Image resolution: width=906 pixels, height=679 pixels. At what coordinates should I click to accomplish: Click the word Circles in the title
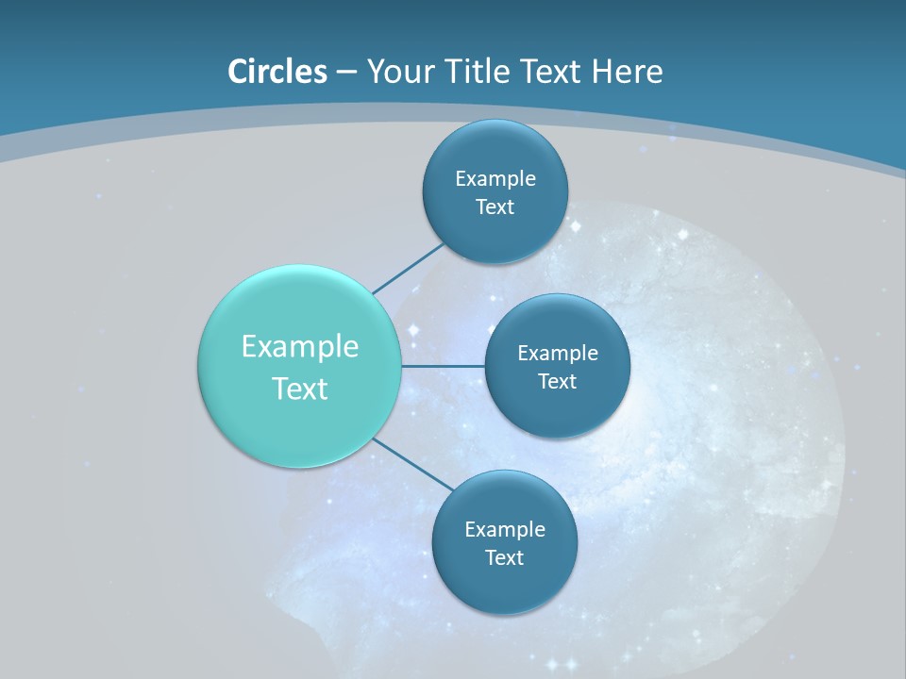[x=277, y=72]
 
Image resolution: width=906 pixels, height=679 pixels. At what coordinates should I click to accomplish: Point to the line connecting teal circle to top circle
[x=408, y=268]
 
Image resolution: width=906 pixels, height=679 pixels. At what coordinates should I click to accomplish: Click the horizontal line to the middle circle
[x=444, y=366]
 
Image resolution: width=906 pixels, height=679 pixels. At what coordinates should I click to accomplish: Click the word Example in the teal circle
[x=300, y=347]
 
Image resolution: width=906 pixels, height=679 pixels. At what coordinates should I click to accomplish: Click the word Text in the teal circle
[x=300, y=389]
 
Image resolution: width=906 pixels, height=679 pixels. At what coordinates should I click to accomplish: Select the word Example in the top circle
[x=495, y=178]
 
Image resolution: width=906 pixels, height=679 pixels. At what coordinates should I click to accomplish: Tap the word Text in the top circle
[x=495, y=207]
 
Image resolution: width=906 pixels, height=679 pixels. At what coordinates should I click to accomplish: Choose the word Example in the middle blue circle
[x=558, y=354]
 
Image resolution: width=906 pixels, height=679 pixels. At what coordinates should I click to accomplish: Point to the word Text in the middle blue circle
[x=557, y=382]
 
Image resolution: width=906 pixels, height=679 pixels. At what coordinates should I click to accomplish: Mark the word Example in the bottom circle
[x=505, y=529]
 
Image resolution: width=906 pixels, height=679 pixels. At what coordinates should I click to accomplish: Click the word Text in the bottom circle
[x=504, y=558]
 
